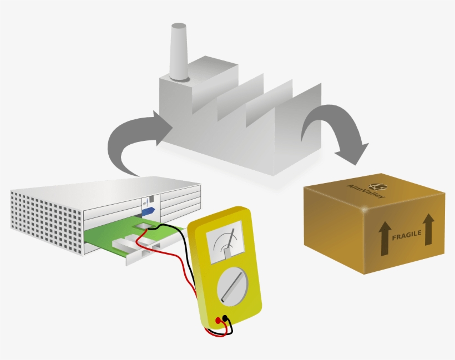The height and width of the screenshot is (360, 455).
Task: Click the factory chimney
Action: tap(180, 52)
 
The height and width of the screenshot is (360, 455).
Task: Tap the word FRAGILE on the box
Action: tap(406, 235)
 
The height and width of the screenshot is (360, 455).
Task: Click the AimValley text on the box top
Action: tap(366, 191)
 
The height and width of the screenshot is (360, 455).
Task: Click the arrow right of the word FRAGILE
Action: tap(428, 230)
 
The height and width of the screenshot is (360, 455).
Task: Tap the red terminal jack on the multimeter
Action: tap(218, 321)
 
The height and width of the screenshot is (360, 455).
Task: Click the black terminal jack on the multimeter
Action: tap(225, 318)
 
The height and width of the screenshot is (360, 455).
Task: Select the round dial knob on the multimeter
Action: tap(232, 286)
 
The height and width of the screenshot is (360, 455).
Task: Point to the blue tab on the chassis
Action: tap(148, 211)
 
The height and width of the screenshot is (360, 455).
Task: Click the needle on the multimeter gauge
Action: tap(230, 243)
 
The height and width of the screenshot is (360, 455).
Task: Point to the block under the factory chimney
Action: tap(199, 87)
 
